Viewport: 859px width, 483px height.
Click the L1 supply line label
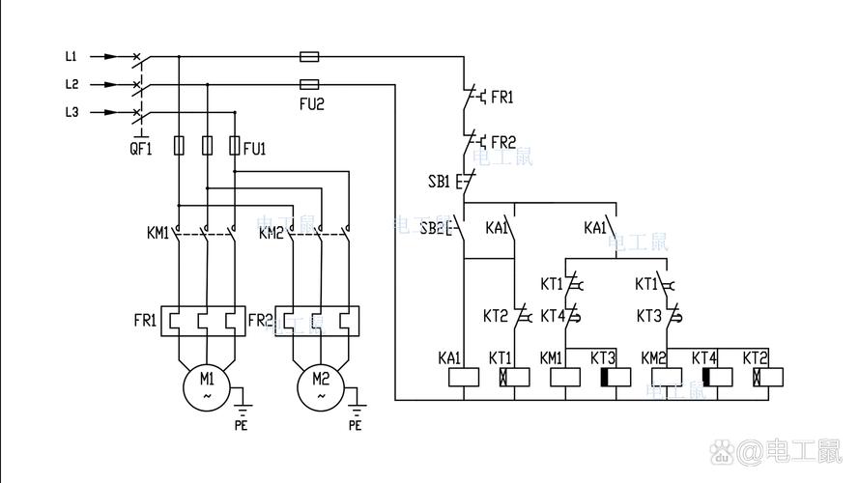click(x=72, y=57)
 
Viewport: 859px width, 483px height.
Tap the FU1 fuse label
click(x=255, y=148)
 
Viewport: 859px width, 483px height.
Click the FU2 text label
click(x=311, y=101)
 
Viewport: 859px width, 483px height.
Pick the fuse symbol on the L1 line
click(x=310, y=57)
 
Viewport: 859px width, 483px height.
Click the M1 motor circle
click(x=207, y=384)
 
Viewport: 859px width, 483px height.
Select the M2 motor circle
click(x=320, y=384)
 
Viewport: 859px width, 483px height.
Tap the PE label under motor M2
click(x=355, y=424)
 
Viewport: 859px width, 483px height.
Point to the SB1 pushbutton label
click(x=440, y=181)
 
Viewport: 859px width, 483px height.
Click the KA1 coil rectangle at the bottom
click(x=465, y=378)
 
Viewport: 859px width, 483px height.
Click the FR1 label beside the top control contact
click(x=502, y=98)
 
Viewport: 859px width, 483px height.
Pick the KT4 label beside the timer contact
click(x=552, y=315)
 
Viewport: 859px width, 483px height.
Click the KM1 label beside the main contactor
click(x=157, y=233)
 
